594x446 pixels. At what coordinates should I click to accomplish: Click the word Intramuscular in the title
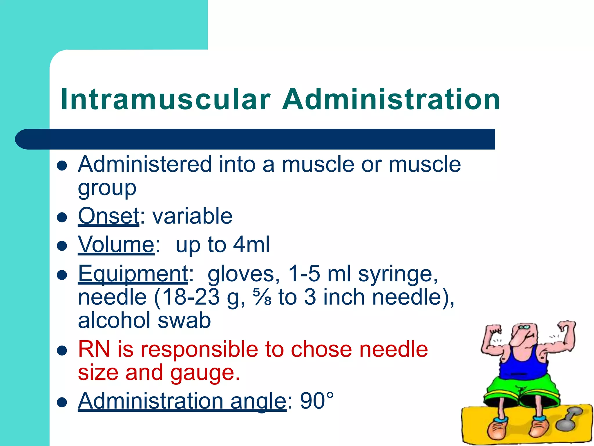(x=165, y=99)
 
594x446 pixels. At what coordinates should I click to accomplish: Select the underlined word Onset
(x=109, y=216)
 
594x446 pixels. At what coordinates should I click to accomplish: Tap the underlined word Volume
(x=116, y=244)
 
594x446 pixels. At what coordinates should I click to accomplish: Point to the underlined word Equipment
(x=133, y=274)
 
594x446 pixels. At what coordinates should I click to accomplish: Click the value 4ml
(x=251, y=244)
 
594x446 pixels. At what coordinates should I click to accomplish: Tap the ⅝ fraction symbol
(x=262, y=297)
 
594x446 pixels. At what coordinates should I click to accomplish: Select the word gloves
(x=244, y=274)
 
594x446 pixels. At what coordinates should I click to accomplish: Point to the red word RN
(x=94, y=349)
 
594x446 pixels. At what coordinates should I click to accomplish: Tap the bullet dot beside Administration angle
(x=62, y=402)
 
